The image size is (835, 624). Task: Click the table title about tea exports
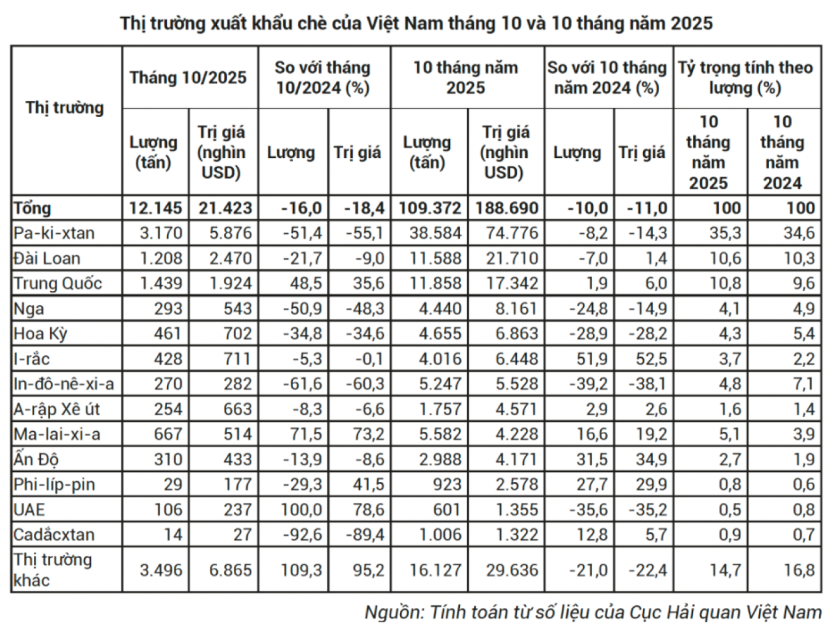(x=417, y=24)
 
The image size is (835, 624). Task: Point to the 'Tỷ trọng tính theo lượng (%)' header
(x=745, y=78)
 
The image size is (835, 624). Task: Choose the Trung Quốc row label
(x=56, y=283)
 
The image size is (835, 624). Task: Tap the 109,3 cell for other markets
(x=298, y=570)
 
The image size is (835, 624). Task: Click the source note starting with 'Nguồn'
(x=594, y=610)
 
